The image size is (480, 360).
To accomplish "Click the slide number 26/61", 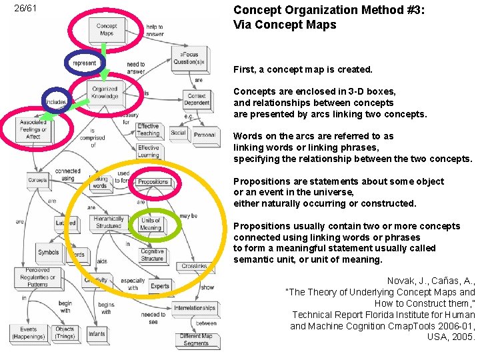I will coord(25,9).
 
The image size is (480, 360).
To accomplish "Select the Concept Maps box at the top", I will coord(106,30).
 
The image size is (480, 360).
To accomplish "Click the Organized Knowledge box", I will coord(105,92).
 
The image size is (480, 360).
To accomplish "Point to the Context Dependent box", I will coord(197,99).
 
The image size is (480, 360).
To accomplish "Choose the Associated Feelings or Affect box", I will coord(33,129).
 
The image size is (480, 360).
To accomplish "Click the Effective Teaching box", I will coord(148,129).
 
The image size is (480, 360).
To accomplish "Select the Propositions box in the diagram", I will coord(153,181).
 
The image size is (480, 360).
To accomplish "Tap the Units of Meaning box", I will coord(151,224).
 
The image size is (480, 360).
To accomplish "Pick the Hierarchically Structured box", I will coord(108,222).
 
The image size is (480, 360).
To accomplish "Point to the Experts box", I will coord(160,287).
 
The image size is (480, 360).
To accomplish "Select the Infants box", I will coord(97,333).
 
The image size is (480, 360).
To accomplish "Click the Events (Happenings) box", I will coord(29,333).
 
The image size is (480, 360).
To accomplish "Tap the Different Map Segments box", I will coord(196,339).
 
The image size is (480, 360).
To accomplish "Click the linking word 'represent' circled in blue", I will coord(85,63).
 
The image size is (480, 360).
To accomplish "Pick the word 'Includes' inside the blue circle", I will coord(56,102).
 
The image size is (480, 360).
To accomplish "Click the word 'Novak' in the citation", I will coord(400,281).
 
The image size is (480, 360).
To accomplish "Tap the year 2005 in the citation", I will coord(462,337).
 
